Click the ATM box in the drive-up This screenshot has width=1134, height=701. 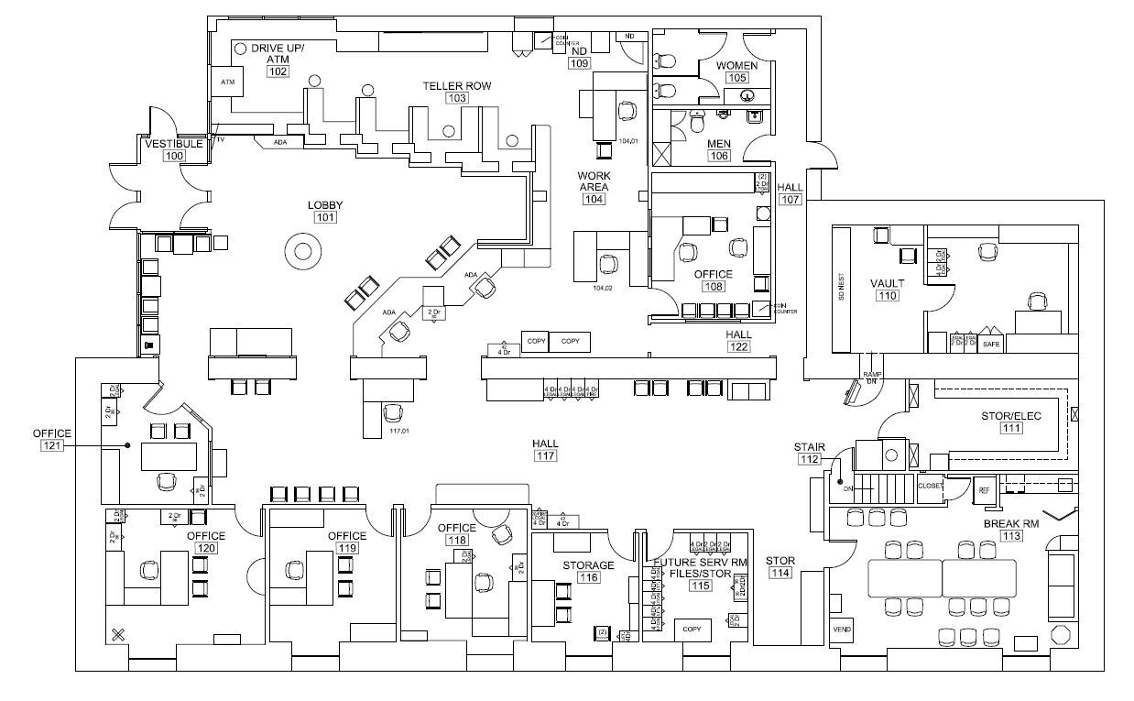(228, 82)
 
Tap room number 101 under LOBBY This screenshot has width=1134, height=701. (325, 218)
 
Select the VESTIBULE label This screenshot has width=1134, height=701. (174, 144)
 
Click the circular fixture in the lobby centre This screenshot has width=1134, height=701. (303, 249)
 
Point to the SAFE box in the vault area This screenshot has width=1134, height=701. (990, 346)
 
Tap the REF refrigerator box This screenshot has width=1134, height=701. (984, 490)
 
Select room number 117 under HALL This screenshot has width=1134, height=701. (547, 456)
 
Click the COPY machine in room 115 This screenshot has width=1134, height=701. (692, 630)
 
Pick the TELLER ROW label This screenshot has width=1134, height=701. (456, 86)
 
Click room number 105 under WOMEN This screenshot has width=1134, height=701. (736, 79)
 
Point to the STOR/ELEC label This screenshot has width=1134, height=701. (1011, 415)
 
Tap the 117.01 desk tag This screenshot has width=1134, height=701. (398, 431)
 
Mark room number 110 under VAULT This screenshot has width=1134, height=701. (887, 296)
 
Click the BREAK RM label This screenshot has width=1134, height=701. (1011, 524)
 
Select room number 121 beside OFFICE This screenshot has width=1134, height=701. (51, 445)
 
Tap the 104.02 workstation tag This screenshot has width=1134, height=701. (602, 288)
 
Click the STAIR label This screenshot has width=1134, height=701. (810, 447)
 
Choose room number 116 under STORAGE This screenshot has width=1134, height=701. (588, 578)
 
